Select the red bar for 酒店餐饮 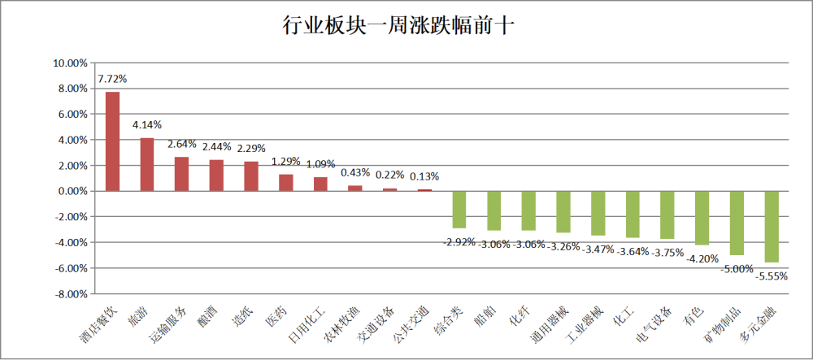(112, 141)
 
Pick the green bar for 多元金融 (772, 227)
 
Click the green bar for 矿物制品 (737, 223)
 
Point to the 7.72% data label (112, 79)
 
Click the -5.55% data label (772, 276)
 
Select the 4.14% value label (147, 125)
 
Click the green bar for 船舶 (493, 210)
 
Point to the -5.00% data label (737, 269)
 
